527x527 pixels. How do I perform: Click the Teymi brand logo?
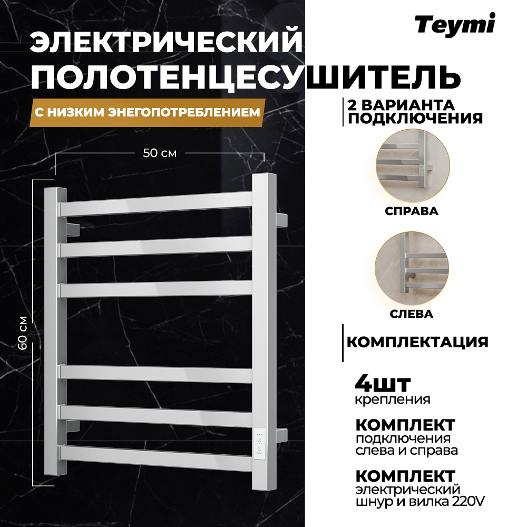pos(454,25)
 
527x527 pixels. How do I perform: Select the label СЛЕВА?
pos(412,314)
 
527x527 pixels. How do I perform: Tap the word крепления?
pos(393,399)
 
